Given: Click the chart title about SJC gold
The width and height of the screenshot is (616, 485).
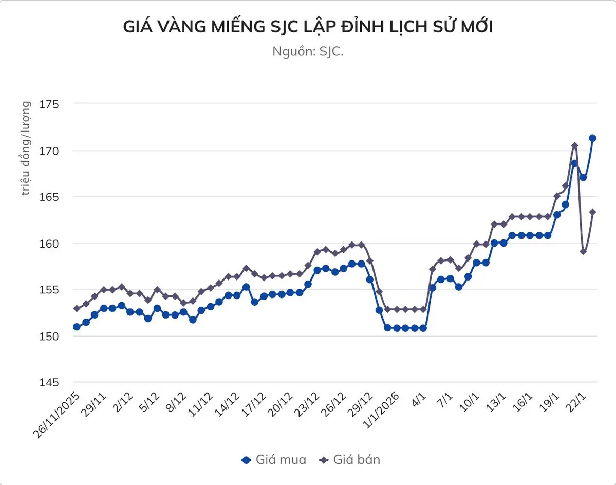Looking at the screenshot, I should click(x=308, y=27).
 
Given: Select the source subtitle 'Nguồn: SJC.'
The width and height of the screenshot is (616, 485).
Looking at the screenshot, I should click(x=308, y=51).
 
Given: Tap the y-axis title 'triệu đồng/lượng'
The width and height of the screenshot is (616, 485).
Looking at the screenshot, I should click(x=26, y=148).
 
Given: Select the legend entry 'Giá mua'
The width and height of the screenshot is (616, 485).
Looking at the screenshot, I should click(x=274, y=459).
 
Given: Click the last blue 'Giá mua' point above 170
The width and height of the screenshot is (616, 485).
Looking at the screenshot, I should click(x=592, y=138).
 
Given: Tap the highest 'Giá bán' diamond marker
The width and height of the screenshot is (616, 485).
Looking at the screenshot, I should click(x=574, y=145).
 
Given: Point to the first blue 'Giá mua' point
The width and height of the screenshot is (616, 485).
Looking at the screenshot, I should click(x=77, y=327).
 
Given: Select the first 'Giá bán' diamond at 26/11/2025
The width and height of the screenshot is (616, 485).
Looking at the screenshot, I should click(x=77, y=309).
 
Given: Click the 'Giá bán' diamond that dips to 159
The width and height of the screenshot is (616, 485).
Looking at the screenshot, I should click(x=583, y=251).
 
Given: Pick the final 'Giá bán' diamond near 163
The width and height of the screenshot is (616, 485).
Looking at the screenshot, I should click(x=592, y=212).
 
